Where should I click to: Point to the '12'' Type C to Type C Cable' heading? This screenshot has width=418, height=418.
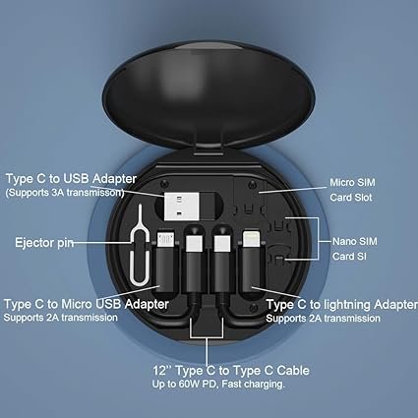tap(209, 370)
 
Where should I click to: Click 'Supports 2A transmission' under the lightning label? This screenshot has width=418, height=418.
tap(317, 318)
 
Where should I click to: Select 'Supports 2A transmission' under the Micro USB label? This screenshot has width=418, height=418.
tap(57, 318)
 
